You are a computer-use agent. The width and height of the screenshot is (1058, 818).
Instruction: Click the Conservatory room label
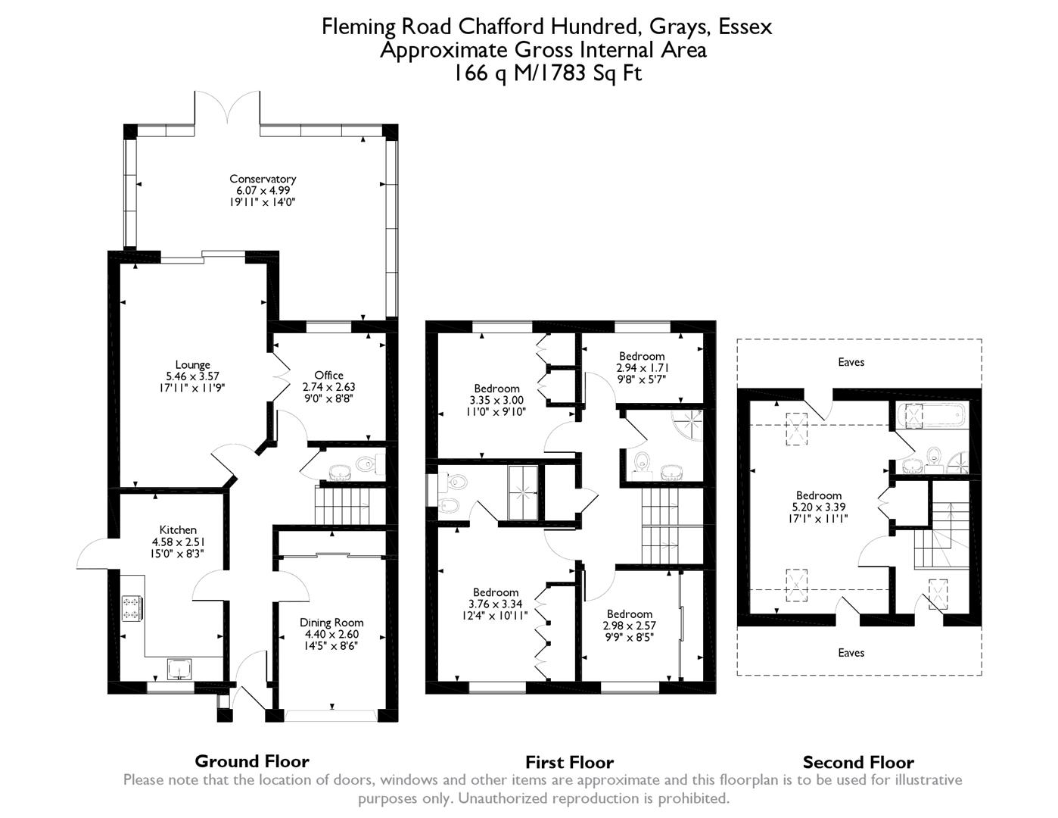[263, 180]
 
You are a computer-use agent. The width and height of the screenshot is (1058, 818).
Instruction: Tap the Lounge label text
[192, 365]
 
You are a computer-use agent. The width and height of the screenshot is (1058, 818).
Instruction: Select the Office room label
[328, 376]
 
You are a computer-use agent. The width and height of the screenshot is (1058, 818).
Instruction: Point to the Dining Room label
[331, 623]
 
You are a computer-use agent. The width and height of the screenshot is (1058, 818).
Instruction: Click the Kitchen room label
[178, 530]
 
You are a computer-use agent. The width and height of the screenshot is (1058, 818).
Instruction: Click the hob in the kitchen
[132, 608]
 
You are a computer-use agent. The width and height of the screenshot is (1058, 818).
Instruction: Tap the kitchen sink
[179, 669]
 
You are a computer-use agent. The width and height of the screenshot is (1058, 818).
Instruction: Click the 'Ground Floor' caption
[252, 761]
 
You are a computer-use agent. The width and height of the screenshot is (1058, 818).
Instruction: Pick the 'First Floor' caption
[569, 762]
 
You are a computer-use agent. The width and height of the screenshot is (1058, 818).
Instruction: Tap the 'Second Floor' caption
[858, 762]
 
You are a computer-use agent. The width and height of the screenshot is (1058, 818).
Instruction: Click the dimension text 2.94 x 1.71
[642, 367]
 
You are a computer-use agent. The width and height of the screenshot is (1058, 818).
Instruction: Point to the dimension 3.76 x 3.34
[496, 604]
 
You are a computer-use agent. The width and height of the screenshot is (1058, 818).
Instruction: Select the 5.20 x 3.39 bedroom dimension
[818, 507]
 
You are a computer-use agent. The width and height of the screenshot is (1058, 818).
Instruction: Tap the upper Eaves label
[851, 362]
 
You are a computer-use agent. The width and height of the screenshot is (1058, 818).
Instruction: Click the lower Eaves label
[851, 653]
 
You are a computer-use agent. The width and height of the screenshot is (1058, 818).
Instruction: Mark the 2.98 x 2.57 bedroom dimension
[629, 626]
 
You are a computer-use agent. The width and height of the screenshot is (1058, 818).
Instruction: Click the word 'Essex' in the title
[745, 27]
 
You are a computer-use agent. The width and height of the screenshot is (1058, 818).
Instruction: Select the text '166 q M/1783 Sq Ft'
[547, 73]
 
